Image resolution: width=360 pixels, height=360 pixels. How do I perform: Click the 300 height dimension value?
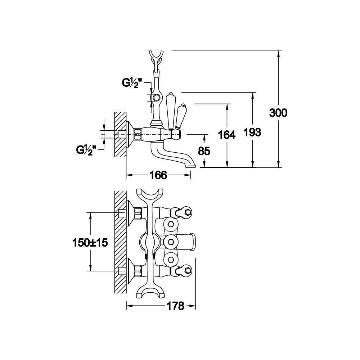coord(278,113)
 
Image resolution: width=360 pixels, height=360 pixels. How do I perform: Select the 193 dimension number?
coord(252,132)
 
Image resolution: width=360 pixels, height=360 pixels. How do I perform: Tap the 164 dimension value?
coord(226,135)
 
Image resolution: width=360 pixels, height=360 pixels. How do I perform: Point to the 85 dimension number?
coord(204,151)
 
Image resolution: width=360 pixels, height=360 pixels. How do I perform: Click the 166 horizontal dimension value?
coord(158,175)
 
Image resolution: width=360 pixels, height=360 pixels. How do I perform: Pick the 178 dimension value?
coord(176,306)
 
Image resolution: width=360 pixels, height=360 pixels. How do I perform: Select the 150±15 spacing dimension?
coord(90,242)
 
